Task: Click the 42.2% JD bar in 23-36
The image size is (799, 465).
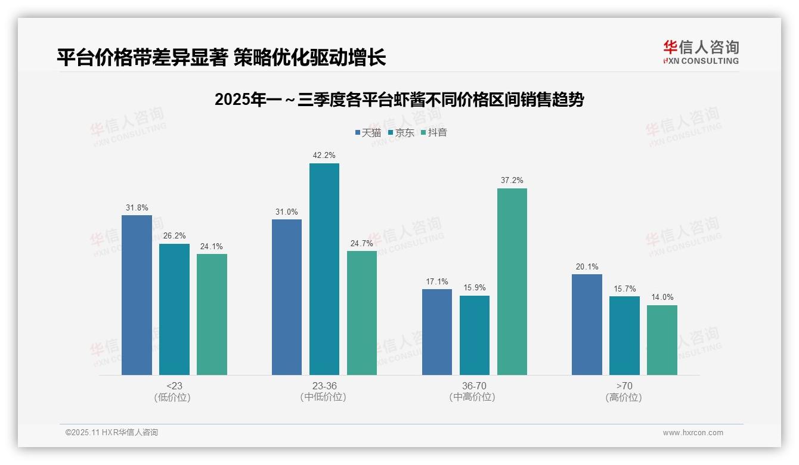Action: (324, 269)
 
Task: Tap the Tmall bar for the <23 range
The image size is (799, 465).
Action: (137, 295)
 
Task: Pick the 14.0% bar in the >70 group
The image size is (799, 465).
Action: (662, 340)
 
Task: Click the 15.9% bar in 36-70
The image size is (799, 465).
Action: (474, 335)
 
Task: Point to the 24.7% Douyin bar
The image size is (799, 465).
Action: (362, 312)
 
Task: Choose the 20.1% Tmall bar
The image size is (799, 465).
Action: (587, 324)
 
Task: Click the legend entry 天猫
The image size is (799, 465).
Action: (368, 132)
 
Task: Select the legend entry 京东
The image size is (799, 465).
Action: (401, 132)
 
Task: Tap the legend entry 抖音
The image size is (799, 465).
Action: (434, 132)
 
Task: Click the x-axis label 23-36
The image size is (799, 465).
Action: (324, 386)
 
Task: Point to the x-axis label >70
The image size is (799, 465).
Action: (624, 386)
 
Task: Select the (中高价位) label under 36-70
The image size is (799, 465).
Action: (474, 397)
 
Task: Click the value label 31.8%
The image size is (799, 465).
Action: (137, 207)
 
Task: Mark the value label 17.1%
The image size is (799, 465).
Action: (437, 281)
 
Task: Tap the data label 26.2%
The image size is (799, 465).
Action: (174, 236)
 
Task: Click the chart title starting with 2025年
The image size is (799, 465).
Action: (399, 100)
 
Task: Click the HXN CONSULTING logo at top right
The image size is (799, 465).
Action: (701, 52)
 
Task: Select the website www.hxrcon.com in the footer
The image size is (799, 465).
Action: (693, 433)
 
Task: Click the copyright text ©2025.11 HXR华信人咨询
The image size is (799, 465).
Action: (112, 433)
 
